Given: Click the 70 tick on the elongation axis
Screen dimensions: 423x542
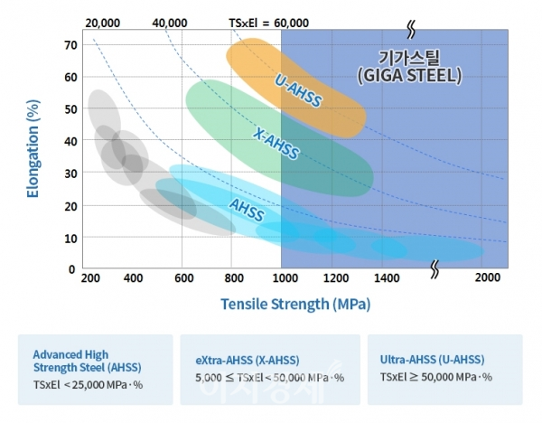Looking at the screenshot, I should point(69,44).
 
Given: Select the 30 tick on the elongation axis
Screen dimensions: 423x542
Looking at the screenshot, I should point(69,173).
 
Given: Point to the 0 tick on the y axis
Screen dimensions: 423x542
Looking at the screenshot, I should point(72,268).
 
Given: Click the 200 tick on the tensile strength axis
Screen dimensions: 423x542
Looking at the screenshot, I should point(89,278).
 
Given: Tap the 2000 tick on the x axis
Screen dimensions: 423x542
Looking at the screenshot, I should point(487,278).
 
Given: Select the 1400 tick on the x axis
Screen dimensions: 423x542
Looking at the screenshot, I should point(386,278).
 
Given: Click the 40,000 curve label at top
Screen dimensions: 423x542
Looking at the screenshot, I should point(170,21).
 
